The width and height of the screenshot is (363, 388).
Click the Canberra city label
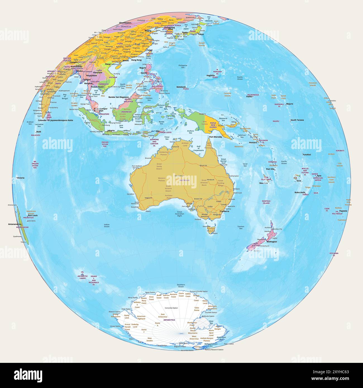(225, 211)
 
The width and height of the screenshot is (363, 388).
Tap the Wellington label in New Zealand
(271, 242)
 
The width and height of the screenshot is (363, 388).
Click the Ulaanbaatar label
(125, 23)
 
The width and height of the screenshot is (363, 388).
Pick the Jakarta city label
(111, 130)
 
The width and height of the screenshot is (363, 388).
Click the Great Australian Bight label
(180, 214)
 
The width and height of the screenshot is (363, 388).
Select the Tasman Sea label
(241, 227)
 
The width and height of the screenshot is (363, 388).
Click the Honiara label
(253, 143)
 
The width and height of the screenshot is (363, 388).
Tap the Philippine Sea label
(183, 66)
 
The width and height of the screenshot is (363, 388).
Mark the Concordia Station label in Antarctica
(171, 308)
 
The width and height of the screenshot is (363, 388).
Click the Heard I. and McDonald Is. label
(94, 280)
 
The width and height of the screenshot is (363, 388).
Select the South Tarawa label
(297, 120)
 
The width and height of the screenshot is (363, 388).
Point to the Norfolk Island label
(266, 202)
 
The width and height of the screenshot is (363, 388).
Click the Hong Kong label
(136, 60)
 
